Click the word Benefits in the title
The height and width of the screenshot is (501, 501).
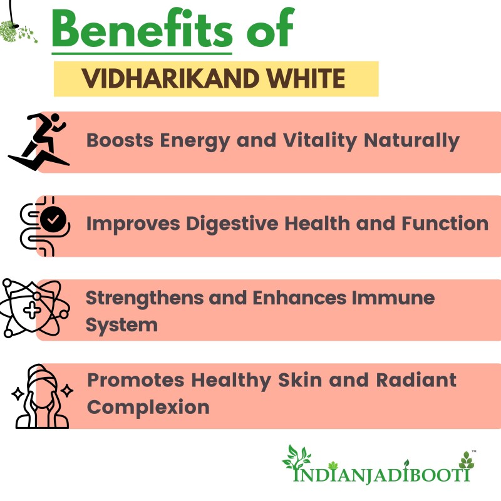click(142, 29)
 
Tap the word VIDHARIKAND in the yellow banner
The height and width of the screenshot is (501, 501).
click(170, 78)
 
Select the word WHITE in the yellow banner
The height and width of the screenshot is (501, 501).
click(306, 78)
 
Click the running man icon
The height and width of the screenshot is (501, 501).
click(38, 141)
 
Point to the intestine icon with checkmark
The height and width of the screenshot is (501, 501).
click(44, 226)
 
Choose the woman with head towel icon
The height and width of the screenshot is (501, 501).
click(42, 396)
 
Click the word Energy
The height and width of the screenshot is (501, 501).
click(195, 141)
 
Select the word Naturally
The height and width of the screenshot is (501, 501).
click(411, 141)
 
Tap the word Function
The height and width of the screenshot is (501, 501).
click(445, 224)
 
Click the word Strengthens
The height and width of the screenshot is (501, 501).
click(145, 299)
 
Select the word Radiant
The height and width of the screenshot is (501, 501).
click(416, 380)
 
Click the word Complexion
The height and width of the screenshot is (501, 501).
click(148, 408)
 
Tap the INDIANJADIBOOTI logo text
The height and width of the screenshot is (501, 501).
click(382, 474)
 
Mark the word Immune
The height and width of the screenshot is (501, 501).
click(393, 298)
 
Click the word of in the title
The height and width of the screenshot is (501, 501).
click(271, 28)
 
